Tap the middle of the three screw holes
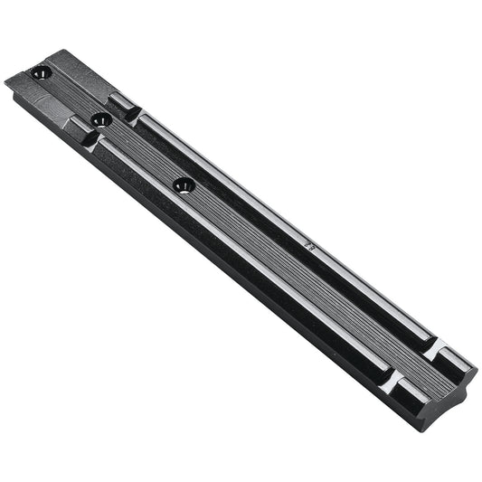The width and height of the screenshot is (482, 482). click(102, 118)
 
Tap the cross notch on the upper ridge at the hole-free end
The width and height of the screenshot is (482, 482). click(435, 347)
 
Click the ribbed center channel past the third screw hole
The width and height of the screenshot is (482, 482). click(298, 271)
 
